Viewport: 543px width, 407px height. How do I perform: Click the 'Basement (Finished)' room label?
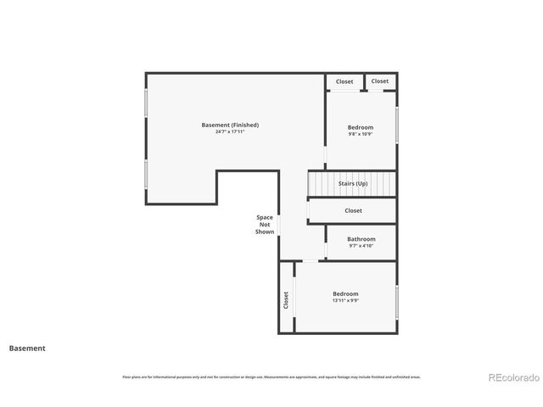click(x=230, y=125)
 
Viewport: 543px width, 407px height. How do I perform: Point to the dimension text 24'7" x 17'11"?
click(x=230, y=132)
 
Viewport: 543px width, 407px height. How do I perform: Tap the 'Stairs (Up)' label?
click(x=353, y=183)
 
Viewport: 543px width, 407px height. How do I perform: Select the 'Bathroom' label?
click(x=361, y=239)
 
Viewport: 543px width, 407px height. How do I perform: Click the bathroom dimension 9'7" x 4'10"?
click(x=361, y=247)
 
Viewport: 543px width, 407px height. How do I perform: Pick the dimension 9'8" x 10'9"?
click(x=361, y=134)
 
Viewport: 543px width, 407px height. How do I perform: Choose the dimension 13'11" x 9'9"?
click(x=345, y=301)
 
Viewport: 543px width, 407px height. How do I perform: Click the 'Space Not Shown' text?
click(x=265, y=225)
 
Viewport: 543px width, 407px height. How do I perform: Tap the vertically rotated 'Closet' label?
click(x=286, y=299)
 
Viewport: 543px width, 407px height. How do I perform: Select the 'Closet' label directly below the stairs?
click(x=353, y=210)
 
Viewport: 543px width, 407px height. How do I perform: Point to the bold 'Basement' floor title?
click(x=27, y=348)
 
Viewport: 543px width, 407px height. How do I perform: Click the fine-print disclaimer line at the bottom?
click(x=271, y=376)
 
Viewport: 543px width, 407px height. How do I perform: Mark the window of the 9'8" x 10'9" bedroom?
click(x=396, y=125)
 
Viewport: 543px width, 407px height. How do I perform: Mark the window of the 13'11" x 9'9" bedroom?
click(x=396, y=302)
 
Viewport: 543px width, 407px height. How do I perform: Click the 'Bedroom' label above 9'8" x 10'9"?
click(x=361, y=126)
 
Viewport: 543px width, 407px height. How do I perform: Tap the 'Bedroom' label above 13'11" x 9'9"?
click(x=345, y=293)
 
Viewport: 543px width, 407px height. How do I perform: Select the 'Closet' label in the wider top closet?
click(x=344, y=81)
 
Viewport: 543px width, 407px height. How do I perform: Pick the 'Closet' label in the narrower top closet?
click(x=380, y=81)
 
